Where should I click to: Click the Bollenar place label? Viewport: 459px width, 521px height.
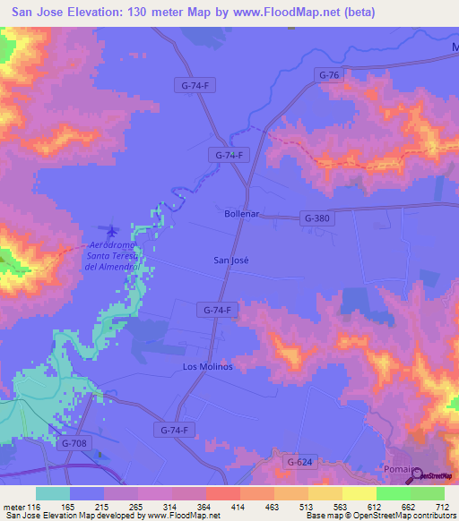click(x=241, y=215)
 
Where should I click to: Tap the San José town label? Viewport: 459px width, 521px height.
click(x=230, y=260)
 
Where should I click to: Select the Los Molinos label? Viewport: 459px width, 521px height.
click(x=208, y=367)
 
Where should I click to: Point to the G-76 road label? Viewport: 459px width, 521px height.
click(x=329, y=76)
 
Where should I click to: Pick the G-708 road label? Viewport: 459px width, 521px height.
click(x=76, y=443)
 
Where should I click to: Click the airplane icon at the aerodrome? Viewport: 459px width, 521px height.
click(x=111, y=232)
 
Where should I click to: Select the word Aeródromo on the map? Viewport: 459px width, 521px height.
click(x=112, y=245)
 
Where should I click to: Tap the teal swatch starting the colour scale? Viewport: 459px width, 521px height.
click(x=52, y=493)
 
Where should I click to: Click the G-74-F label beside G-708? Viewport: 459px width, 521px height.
click(x=174, y=430)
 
